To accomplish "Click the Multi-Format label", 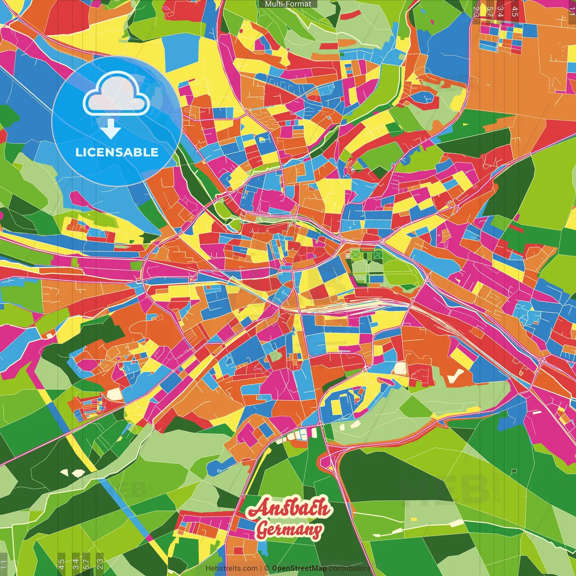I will [288, 4].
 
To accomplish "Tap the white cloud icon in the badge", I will [117, 95].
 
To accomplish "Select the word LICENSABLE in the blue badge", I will [117, 152].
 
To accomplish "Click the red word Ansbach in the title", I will [288, 508].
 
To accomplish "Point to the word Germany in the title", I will [289, 530].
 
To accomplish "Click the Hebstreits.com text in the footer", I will [231, 568].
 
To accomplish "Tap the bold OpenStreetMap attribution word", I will [299, 568].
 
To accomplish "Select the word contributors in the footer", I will [350, 568].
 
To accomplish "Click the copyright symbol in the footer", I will [266, 568].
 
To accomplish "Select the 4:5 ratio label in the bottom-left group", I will [61, 563].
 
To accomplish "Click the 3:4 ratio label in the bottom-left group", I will [75, 563].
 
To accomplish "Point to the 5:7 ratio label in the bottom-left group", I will [86, 563].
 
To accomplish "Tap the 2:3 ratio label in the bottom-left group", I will [99, 563].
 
